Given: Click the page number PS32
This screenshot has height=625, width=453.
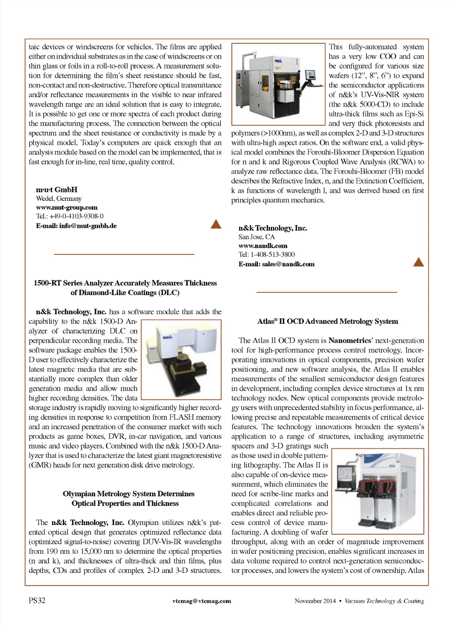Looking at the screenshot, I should (x=37, y=600).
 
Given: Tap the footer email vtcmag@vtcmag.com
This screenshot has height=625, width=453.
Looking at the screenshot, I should (x=202, y=601).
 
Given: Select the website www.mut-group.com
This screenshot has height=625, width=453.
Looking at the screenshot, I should (x=67, y=207).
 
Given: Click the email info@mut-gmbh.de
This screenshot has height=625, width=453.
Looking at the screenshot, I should (x=76, y=226).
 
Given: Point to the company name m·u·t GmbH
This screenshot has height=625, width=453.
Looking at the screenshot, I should (x=57, y=189).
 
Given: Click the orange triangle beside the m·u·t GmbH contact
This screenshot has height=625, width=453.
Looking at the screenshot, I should (x=216, y=224).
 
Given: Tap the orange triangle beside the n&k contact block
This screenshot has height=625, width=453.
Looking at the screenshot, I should (x=418, y=262).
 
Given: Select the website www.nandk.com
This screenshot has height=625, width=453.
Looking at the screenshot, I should (x=263, y=245).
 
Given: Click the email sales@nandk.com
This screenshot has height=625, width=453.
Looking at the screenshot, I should (x=276, y=264).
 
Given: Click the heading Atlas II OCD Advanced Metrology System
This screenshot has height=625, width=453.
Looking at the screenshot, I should (x=327, y=321).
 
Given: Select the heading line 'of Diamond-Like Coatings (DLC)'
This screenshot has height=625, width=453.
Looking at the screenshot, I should (x=125, y=292).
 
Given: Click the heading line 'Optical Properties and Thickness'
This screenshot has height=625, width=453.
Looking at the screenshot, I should (x=125, y=503).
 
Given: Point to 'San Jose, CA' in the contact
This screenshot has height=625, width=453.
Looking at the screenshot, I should (x=257, y=237).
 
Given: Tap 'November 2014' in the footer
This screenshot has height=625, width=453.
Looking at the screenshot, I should (x=315, y=601).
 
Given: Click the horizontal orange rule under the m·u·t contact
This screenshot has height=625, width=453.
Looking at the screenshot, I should (x=124, y=254).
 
